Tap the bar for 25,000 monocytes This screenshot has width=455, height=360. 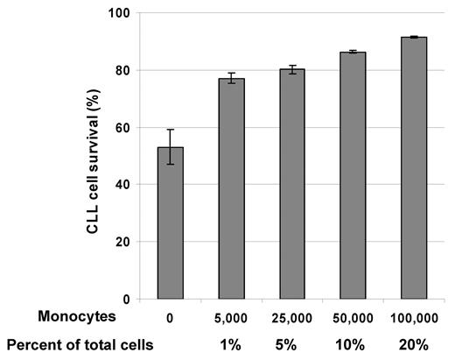pos(291,184)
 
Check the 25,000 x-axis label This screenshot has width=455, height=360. pos(291,314)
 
